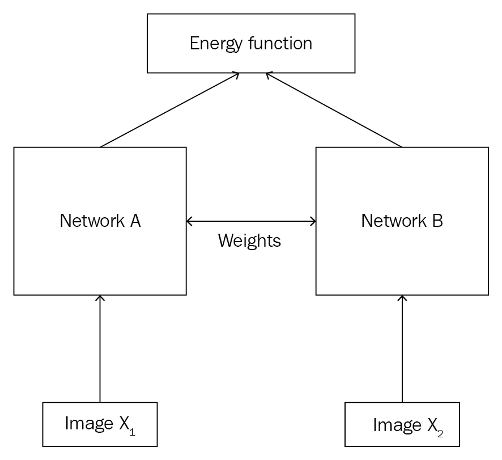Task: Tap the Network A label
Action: tap(100, 221)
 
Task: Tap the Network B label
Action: tap(402, 221)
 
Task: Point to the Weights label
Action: tap(249, 240)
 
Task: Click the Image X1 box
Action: tap(100, 424)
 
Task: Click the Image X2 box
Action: tap(402, 424)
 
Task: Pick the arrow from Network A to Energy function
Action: tap(170, 110)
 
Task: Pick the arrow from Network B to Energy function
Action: tap(334, 110)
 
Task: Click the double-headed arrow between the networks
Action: tap(251, 221)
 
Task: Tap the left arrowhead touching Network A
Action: tap(190, 221)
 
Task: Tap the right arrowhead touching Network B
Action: tap(312, 221)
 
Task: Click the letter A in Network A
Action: tap(135, 221)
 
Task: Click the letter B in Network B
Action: tap(437, 221)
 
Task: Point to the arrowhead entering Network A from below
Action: tap(100, 298)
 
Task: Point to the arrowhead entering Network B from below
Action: tap(402, 298)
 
